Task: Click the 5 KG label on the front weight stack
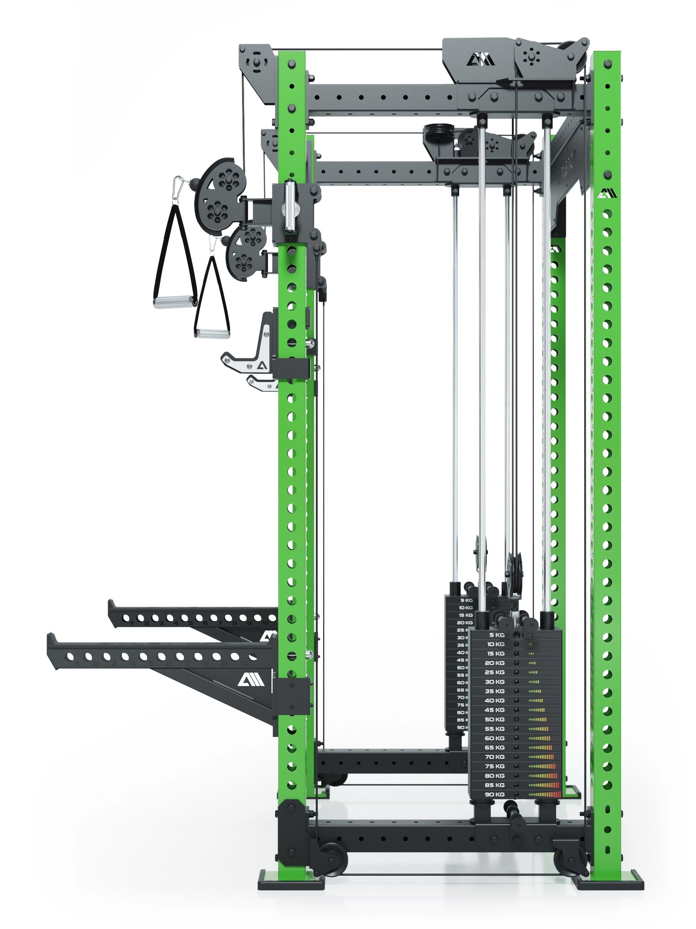(496, 635)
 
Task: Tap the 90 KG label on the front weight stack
(495, 794)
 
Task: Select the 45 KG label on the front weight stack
(495, 710)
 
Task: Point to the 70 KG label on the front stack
(495, 757)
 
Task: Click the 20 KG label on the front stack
(495, 663)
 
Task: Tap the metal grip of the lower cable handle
(212, 333)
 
